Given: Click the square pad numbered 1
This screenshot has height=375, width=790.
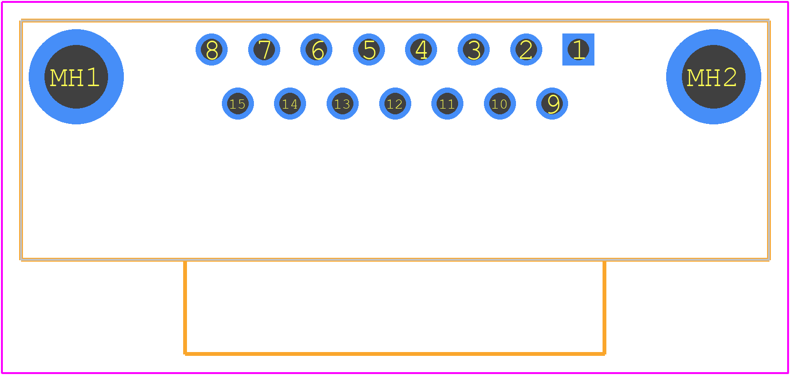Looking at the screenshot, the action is point(578,49).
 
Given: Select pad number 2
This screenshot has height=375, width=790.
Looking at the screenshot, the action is point(526,49).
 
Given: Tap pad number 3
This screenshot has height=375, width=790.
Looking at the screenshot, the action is point(473,49).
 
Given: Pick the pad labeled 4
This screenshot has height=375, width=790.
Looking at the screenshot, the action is point(421,49).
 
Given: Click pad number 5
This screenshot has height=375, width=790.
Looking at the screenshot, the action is point(369,49).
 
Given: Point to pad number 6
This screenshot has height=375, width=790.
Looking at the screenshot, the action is point(316,49).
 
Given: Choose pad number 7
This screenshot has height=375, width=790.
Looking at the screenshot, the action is point(264,49).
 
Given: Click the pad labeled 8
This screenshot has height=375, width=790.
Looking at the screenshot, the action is point(211,49).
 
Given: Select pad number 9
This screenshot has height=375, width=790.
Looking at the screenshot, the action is point(552,103).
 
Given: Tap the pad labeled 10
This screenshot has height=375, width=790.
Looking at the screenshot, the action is point(500,103).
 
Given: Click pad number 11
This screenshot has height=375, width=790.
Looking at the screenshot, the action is point(447,103).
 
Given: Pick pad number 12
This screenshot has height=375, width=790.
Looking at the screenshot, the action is point(395,103).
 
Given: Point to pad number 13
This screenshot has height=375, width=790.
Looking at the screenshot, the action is point(342,103).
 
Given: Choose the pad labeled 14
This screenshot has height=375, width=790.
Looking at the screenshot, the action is point(290,103).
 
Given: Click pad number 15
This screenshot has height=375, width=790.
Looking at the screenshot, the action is point(238,103).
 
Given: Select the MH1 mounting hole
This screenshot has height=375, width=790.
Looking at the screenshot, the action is point(76,77).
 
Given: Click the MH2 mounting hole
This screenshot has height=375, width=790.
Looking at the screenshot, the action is point(713,77).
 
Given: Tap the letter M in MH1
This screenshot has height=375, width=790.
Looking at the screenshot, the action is point(58,77).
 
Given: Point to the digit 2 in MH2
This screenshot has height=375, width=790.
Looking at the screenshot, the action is point(729,77).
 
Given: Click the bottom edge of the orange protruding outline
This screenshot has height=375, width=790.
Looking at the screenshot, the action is point(395,353).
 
